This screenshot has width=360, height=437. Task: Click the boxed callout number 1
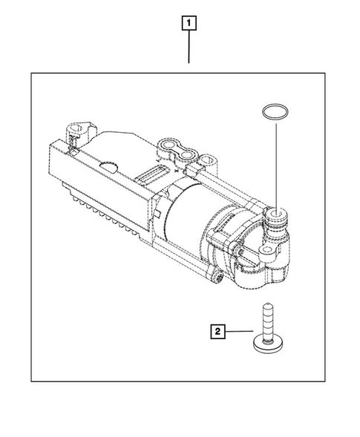190,23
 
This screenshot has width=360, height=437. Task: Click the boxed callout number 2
217,332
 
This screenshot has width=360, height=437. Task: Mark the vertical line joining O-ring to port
275,163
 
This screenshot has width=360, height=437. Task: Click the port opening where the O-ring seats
276,214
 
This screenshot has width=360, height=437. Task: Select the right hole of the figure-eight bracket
192,156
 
